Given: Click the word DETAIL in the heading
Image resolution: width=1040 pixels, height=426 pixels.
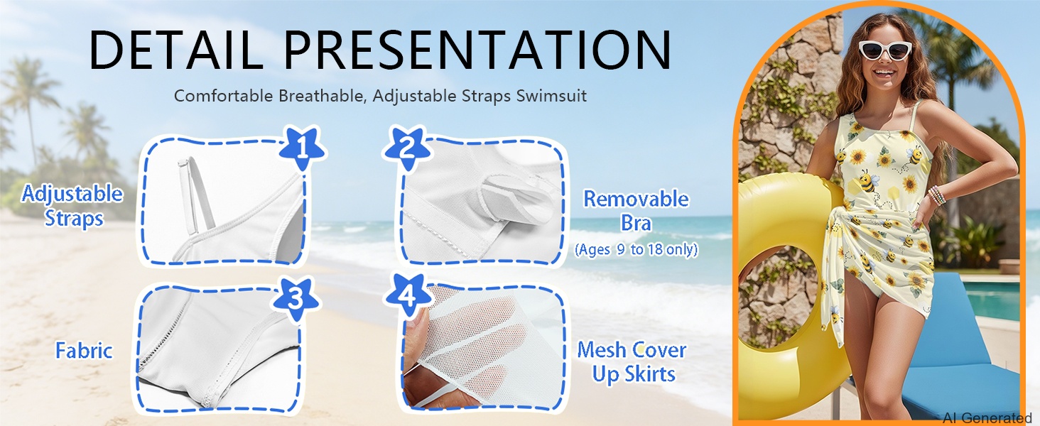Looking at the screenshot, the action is click(x=176, y=50).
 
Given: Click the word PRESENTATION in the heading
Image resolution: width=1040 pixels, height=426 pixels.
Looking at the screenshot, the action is click(x=478, y=50).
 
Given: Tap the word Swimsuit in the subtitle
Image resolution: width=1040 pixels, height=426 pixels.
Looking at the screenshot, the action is click(x=551, y=96).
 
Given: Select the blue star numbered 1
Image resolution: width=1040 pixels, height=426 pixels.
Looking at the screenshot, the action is click(x=303, y=148).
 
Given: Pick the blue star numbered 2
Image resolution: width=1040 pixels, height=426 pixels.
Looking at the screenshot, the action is click(x=407, y=148).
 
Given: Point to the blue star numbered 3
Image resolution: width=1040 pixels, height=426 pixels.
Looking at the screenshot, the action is click(x=296, y=300).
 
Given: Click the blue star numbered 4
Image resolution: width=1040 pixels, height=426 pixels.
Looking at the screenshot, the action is click(x=408, y=295).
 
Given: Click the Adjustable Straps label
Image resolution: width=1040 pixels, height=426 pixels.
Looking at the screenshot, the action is click(x=72, y=206).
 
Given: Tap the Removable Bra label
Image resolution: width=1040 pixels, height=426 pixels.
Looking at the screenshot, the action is click(x=636, y=211).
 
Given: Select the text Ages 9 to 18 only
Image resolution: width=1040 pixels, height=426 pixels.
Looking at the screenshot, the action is click(x=636, y=250).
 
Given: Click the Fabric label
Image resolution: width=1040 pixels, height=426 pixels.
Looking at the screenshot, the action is click(x=84, y=350).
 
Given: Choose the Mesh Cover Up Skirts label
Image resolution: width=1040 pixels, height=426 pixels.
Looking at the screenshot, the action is click(x=632, y=362).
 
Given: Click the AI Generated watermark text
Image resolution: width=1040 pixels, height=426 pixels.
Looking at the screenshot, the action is click(x=986, y=418).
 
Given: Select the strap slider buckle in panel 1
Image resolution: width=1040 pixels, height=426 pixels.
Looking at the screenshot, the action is click(x=182, y=163).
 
